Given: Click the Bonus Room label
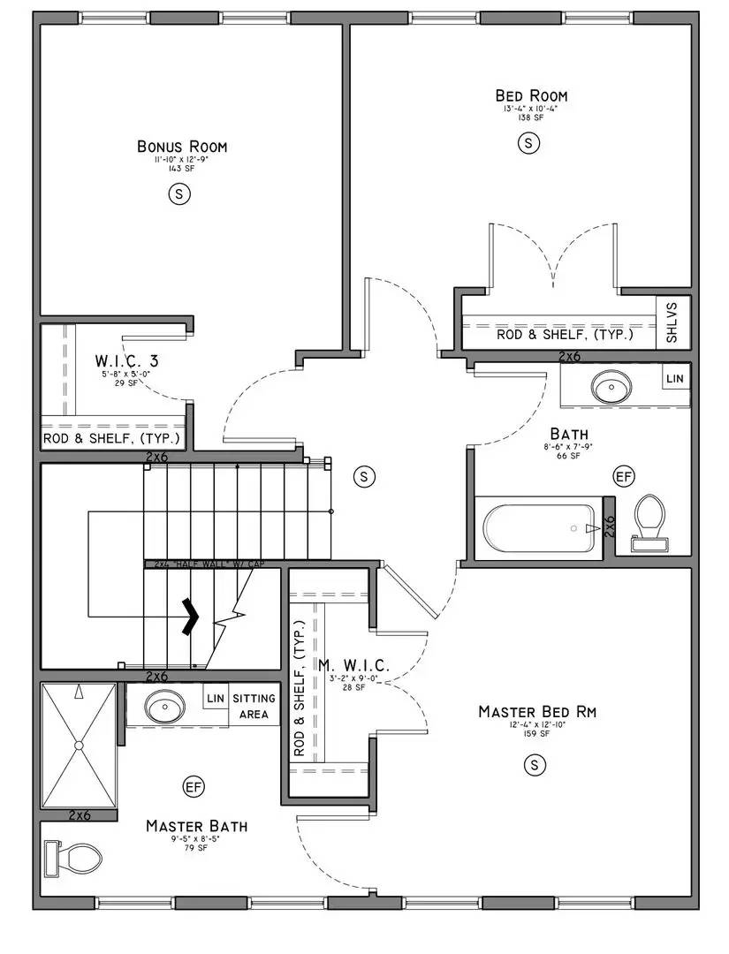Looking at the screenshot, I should [x=182, y=147].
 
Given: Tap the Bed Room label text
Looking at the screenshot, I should [x=530, y=95].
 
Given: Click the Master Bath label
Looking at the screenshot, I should [x=196, y=826].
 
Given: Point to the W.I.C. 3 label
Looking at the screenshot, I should [x=132, y=361].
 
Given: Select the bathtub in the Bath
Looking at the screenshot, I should [x=537, y=528].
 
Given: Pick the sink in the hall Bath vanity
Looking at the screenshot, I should [x=610, y=386].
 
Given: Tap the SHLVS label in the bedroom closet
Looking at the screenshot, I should [x=672, y=323].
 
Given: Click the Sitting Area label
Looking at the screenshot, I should [x=254, y=706].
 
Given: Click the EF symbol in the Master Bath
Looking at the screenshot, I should [x=194, y=786].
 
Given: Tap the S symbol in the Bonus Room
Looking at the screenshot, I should [x=179, y=195].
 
